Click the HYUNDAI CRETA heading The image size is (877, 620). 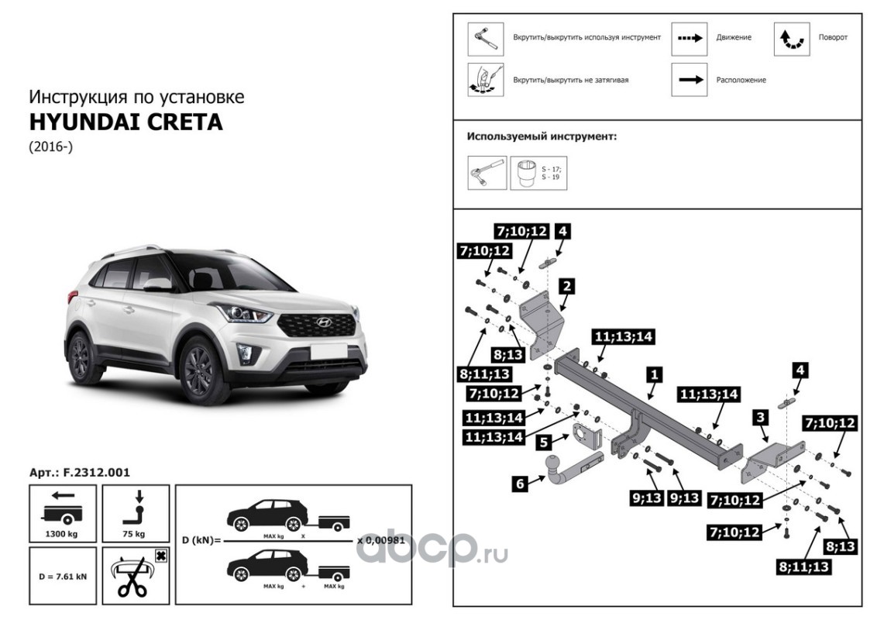point(126,122)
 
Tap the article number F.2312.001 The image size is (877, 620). point(79,472)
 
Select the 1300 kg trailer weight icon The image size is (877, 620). point(63,511)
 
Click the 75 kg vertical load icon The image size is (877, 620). point(134,511)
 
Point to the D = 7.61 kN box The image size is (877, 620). point(63,577)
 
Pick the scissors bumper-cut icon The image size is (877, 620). point(134,577)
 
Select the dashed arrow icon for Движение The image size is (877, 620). point(690,37)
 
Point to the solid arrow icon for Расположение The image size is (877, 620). point(690,79)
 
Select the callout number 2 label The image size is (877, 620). point(567,287)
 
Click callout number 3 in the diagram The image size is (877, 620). point(762,418)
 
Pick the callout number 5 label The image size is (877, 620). point(545,443)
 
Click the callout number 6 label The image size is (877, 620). point(520,484)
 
